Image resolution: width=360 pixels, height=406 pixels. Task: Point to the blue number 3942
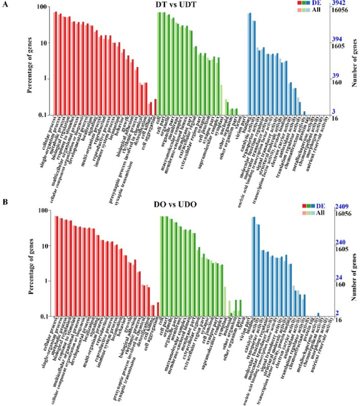point(339,4)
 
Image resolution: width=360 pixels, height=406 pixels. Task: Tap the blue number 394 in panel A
point(337,39)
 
